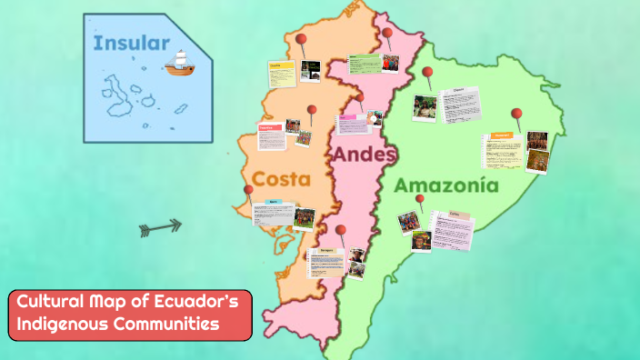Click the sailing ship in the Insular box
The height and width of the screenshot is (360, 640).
tap(180, 62)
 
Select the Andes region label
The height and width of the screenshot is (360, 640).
tap(364, 155)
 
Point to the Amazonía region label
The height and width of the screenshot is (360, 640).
tap(446, 185)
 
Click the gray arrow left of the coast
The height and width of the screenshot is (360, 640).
tap(160, 227)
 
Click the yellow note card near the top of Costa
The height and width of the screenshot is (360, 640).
tap(280, 73)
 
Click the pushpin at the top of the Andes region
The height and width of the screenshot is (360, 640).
tap(387, 35)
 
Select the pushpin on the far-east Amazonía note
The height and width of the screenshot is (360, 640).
tap(516, 115)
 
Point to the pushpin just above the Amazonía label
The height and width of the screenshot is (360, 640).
tap(419, 199)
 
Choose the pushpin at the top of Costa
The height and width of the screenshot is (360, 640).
tap(302, 39)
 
